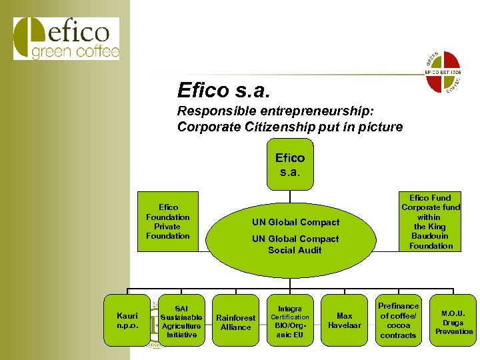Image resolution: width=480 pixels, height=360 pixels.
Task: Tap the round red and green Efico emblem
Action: [x=443, y=71]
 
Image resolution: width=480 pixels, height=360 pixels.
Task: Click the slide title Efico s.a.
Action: [x=223, y=89]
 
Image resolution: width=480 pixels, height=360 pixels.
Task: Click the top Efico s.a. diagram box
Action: [x=290, y=163]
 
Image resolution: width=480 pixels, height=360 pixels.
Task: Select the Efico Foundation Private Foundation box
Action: [x=168, y=222]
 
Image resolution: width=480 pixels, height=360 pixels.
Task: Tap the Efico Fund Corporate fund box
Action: [x=431, y=222]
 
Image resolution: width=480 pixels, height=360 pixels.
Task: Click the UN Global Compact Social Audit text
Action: [x=295, y=245]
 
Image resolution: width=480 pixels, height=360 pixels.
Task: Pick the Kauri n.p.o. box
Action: [x=127, y=319]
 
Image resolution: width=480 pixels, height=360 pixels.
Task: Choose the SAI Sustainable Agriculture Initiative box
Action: [x=181, y=322]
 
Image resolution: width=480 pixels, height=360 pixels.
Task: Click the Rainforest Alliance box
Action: [x=235, y=322]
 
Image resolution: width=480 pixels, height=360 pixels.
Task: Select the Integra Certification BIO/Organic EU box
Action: [x=290, y=322]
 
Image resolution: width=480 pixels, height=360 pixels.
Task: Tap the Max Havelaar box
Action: [x=344, y=321]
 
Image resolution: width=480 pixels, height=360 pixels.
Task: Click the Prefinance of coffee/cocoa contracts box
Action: [x=398, y=321]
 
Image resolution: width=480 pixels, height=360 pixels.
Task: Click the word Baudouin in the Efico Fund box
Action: [x=431, y=236]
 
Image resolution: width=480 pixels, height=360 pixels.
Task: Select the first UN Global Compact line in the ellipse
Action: [x=295, y=222]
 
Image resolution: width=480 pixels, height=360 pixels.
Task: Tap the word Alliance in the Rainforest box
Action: [x=235, y=327]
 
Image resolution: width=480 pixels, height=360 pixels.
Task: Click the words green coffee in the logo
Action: [x=75, y=52]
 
